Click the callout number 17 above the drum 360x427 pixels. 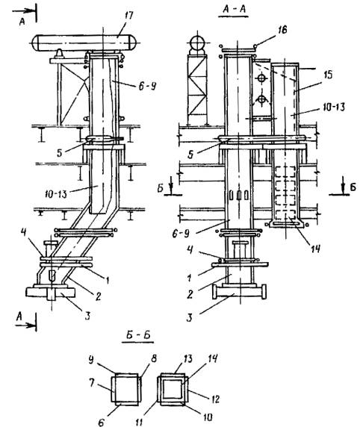tap(128, 15)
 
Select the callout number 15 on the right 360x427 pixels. tap(329, 75)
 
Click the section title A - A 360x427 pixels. tap(234, 9)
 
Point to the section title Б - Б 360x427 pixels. tap(138, 335)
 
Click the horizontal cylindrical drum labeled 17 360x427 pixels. tap(86, 43)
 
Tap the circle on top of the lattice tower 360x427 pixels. tap(197, 43)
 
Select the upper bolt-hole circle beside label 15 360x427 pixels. tap(261, 78)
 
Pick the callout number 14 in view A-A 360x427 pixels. tap(315, 249)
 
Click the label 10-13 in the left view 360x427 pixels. tap(55, 194)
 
